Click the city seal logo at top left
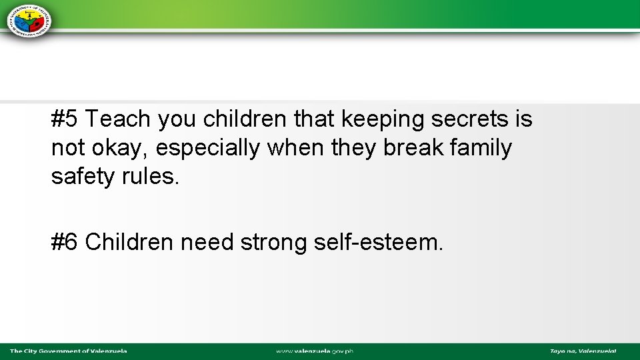point(29,19)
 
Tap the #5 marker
point(65,119)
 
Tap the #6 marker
point(65,243)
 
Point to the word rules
point(149,177)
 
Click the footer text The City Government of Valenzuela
point(68,351)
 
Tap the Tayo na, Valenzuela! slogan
point(583,351)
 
